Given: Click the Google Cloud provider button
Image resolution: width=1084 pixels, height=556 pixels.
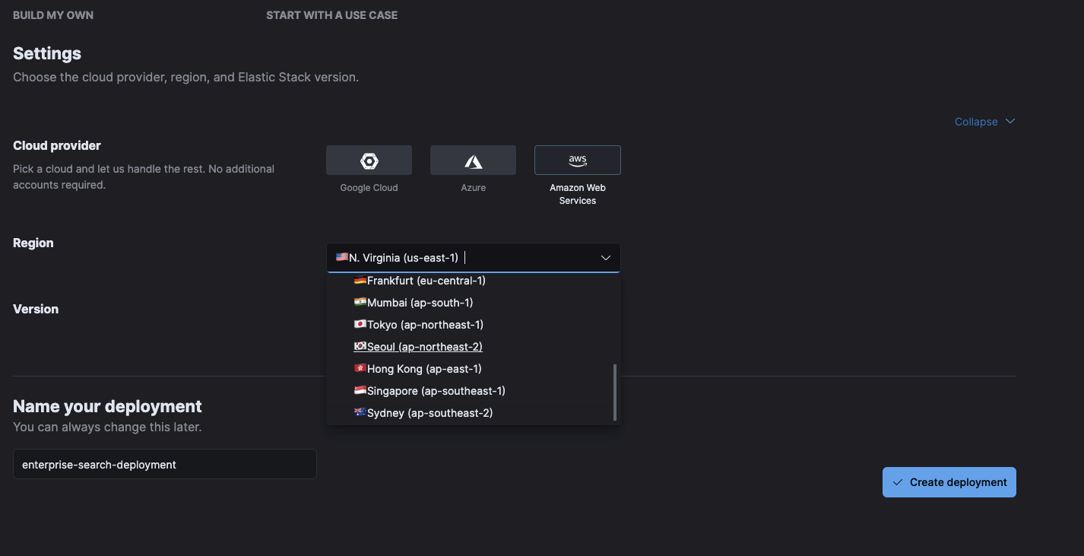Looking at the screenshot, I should [369, 160].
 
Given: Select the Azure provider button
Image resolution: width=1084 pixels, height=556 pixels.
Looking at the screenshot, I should [473, 160].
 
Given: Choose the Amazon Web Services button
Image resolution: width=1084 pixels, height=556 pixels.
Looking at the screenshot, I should [578, 160].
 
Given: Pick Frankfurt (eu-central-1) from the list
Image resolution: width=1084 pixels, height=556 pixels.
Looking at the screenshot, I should [426, 281].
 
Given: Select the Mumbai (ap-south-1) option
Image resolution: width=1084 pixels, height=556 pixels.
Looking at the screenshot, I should [420, 303].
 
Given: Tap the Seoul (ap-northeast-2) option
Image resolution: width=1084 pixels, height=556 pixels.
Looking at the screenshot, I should [424, 347].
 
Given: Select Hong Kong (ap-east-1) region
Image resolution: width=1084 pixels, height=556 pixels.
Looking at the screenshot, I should [424, 369].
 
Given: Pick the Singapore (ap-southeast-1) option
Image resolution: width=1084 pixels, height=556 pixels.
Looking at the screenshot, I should [436, 391].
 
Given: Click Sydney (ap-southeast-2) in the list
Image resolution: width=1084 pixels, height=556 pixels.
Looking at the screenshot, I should [429, 413].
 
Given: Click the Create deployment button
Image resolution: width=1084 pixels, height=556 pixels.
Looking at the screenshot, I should [949, 482].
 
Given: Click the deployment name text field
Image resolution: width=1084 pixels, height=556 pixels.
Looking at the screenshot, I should [164, 464].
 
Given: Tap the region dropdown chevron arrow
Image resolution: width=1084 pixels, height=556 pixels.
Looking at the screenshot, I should [606, 258].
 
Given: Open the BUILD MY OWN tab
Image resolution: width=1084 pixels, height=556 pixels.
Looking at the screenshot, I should [53, 15].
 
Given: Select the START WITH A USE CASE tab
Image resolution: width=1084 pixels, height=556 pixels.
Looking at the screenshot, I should [331, 15].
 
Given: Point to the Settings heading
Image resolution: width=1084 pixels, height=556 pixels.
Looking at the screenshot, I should [47, 54].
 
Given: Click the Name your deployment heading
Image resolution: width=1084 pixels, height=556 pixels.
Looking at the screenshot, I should [107, 406].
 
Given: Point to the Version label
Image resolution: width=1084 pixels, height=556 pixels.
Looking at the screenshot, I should [36, 309].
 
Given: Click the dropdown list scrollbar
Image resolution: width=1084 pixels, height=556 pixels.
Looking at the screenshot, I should [615, 392].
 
